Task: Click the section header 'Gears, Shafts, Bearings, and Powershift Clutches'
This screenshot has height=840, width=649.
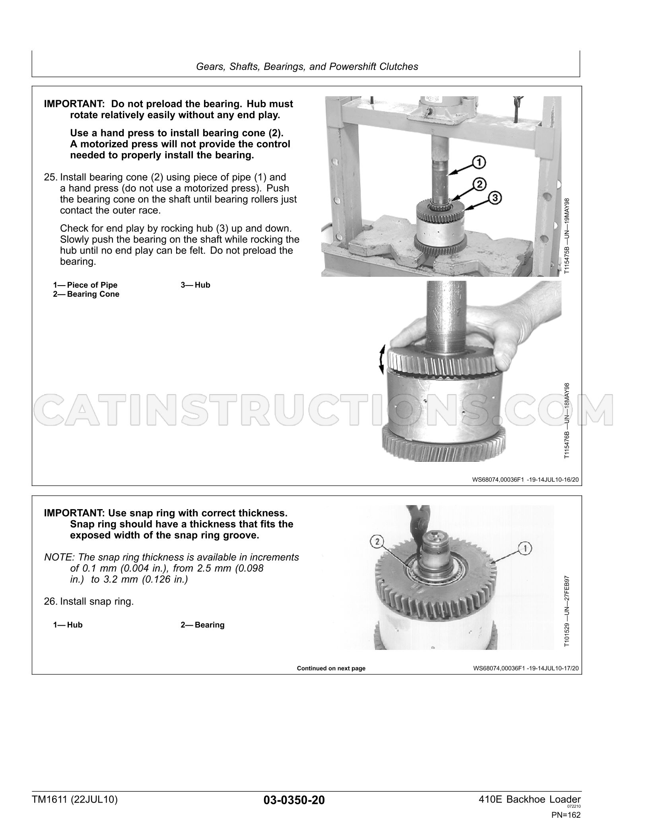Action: click(307, 66)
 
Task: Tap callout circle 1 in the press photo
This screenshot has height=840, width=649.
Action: click(479, 162)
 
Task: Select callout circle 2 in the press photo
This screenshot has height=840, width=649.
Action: click(480, 184)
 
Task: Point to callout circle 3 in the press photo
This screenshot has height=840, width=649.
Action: click(495, 198)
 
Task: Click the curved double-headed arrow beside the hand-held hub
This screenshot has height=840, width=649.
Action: click(381, 359)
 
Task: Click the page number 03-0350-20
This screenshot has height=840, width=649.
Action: click(294, 800)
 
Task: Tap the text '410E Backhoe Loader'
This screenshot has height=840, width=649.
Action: click(530, 799)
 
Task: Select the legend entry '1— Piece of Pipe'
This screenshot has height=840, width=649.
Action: click(85, 285)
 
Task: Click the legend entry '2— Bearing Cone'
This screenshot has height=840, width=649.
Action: click(86, 294)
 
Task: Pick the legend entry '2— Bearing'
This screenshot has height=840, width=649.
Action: click(203, 625)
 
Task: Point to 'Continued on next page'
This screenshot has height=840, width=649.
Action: click(331, 668)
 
